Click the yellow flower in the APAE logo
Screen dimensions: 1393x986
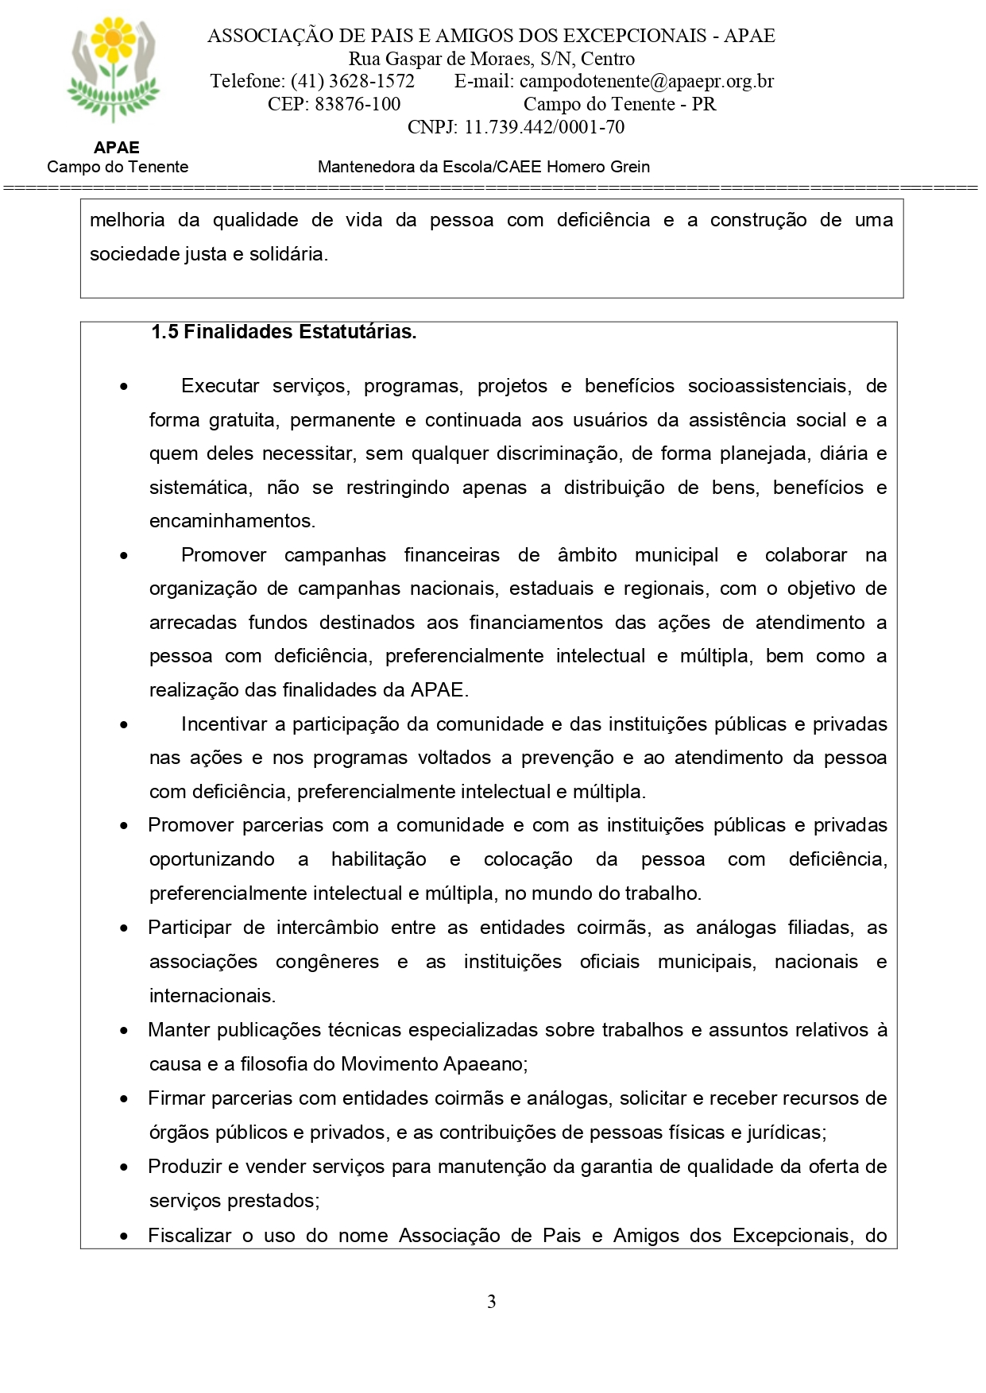click(114, 38)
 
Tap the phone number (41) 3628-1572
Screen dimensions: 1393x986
click(352, 81)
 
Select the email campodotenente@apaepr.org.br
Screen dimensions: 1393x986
click(647, 81)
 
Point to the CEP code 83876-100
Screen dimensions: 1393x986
click(358, 104)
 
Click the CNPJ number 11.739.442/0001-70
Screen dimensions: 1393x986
click(544, 127)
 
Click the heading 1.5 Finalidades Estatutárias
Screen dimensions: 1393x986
click(284, 332)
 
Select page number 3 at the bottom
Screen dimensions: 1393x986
click(492, 1301)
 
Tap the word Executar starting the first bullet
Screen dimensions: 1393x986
click(220, 386)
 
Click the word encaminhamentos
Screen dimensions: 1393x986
click(231, 521)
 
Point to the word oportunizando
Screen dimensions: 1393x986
click(212, 859)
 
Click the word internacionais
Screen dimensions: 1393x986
click(211, 996)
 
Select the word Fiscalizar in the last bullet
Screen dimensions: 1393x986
click(188, 1236)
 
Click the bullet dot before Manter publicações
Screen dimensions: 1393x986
click(124, 1031)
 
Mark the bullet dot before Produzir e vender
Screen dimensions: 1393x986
click(124, 1167)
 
